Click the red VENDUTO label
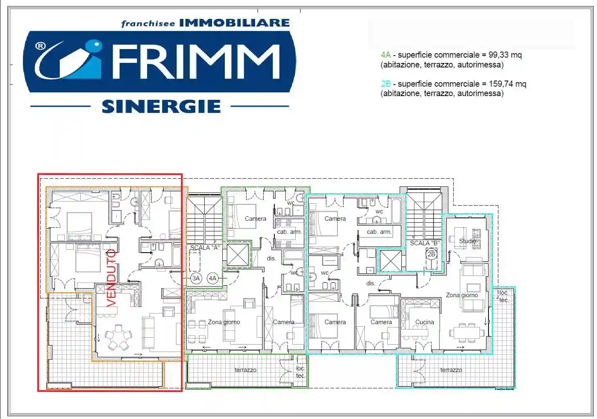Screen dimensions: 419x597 click(111, 278)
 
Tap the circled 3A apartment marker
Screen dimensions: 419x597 click(196, 278)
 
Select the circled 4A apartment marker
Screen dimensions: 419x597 click(213, 278)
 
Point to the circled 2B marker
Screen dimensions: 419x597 click(431, 254)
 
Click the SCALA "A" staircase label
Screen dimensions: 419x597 click(205, 247)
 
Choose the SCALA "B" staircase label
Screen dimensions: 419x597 click(425, 243)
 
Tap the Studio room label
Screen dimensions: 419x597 click(467, 241)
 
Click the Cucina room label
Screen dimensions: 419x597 click(425, 322)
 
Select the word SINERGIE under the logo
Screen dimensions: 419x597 click(161, 107)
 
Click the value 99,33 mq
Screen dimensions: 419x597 click(505, 55)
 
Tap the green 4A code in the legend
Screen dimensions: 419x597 click(386, 55)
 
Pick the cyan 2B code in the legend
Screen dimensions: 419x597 click(386, 84)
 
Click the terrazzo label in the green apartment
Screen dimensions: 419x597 click(245, 370)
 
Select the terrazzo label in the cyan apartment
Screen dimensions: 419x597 click(451, 370)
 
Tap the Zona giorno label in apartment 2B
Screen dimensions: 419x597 click(461, 295)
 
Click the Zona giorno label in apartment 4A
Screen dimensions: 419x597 click(224, 322)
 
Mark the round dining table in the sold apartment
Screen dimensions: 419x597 click(118, 338)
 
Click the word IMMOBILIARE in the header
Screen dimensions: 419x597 click(234, 23)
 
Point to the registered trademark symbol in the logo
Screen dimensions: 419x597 click(40, 46)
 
